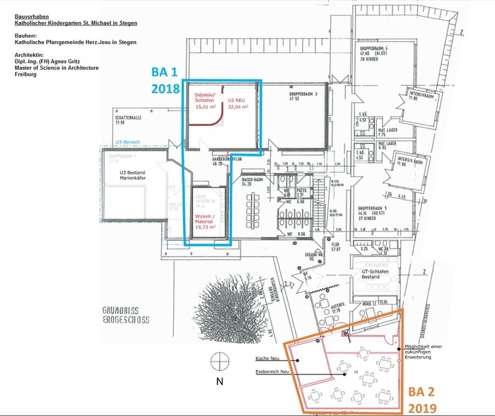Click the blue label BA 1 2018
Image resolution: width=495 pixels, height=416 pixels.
pos(165,80)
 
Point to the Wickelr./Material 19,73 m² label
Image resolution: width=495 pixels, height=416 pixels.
pos(209,224)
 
